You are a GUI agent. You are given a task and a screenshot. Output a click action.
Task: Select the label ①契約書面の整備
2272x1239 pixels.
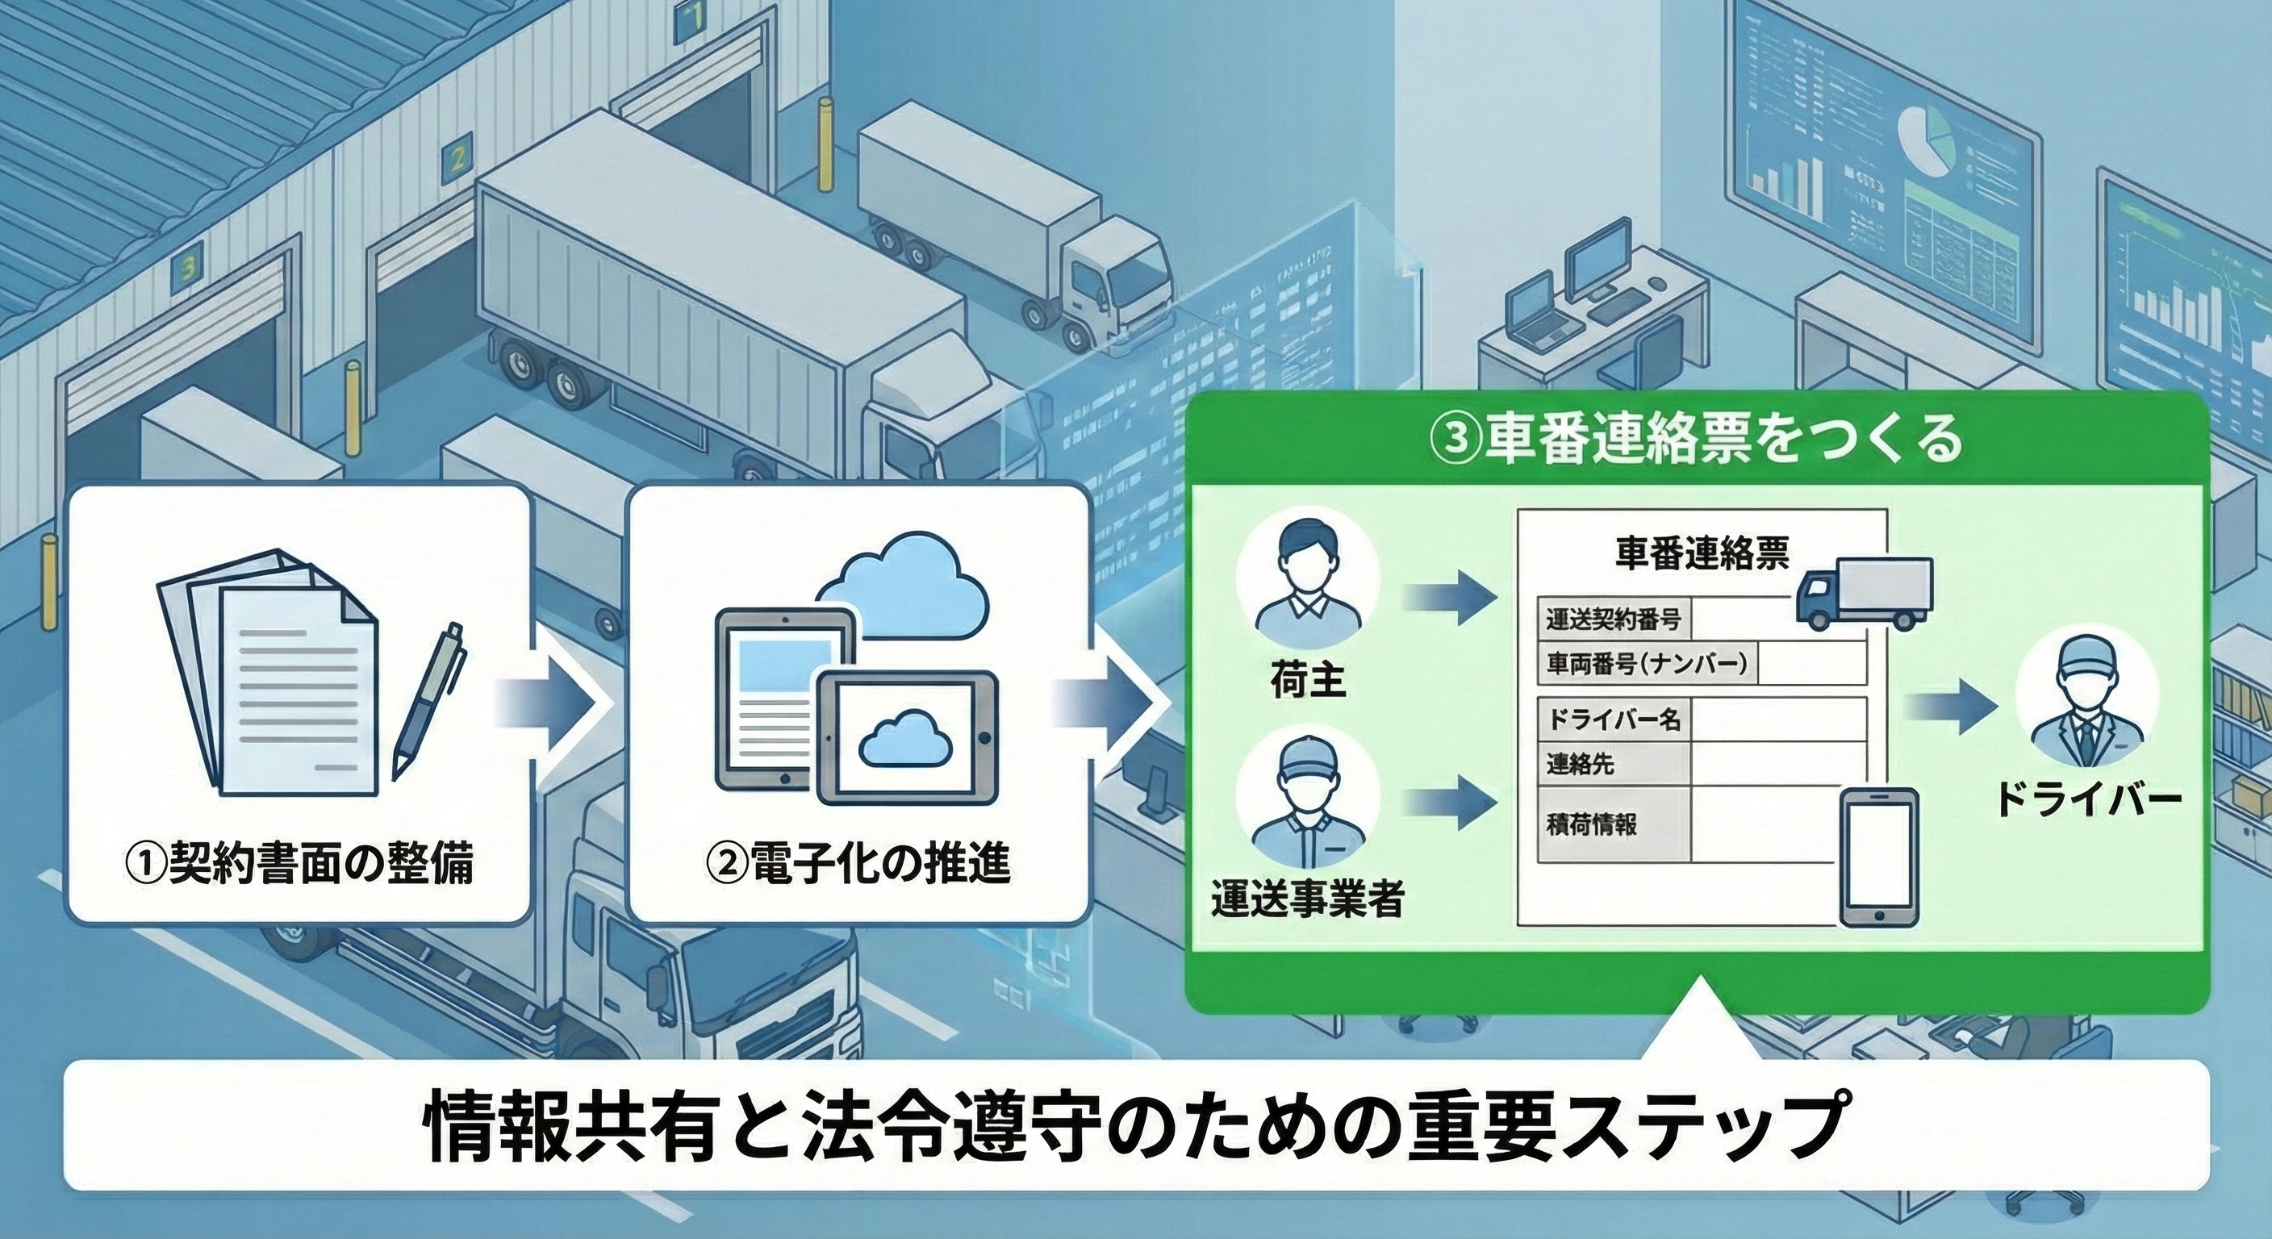299,865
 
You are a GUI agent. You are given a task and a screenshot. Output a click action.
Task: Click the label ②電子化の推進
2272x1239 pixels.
858,865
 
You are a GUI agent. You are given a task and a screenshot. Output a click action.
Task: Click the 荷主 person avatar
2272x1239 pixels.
1307,586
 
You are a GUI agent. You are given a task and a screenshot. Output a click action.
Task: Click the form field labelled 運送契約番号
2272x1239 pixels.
1613,620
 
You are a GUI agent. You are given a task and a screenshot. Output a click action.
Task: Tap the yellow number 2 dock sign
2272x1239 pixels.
457,161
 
